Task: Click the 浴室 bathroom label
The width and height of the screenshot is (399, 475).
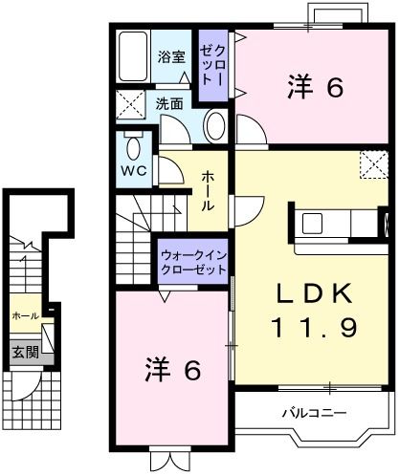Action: coord(171,56)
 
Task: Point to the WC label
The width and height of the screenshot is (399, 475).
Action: coord(132,172)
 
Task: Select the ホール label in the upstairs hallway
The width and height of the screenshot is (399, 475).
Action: coord(208,191)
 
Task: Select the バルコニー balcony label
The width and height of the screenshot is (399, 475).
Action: coord(314,413)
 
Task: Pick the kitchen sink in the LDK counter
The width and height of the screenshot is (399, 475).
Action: coord(314,226)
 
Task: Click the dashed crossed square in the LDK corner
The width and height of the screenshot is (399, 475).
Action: coord(370,164)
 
